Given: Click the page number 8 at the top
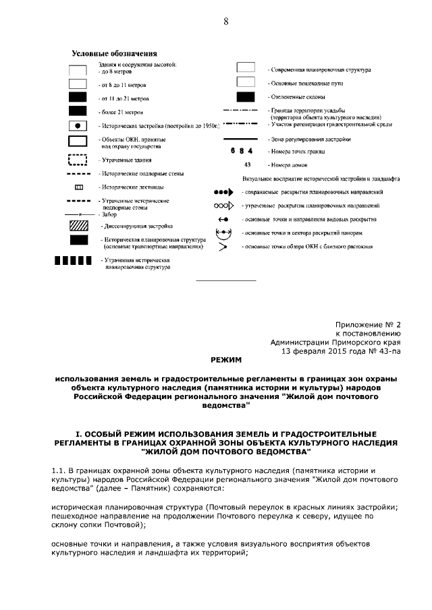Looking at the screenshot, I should [x=225, y=22].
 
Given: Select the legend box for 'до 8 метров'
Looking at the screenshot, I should [x=78, y=69].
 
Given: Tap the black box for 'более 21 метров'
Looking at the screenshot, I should [x=78, y=111].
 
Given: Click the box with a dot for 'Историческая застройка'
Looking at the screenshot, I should [x=78, y=126].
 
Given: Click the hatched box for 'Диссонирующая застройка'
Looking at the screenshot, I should [x=78, y=226].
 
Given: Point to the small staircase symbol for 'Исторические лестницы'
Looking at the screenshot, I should [x=78, y=187].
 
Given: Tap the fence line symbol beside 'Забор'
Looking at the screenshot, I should [x=78, y=214].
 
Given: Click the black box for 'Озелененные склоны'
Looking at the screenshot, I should [x=245, y=97].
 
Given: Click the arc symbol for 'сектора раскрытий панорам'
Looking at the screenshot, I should [x=223, y=233].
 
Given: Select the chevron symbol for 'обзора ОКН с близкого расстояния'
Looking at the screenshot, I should [x=223, y=247].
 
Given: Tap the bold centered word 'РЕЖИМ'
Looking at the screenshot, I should [x=225, y=361].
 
